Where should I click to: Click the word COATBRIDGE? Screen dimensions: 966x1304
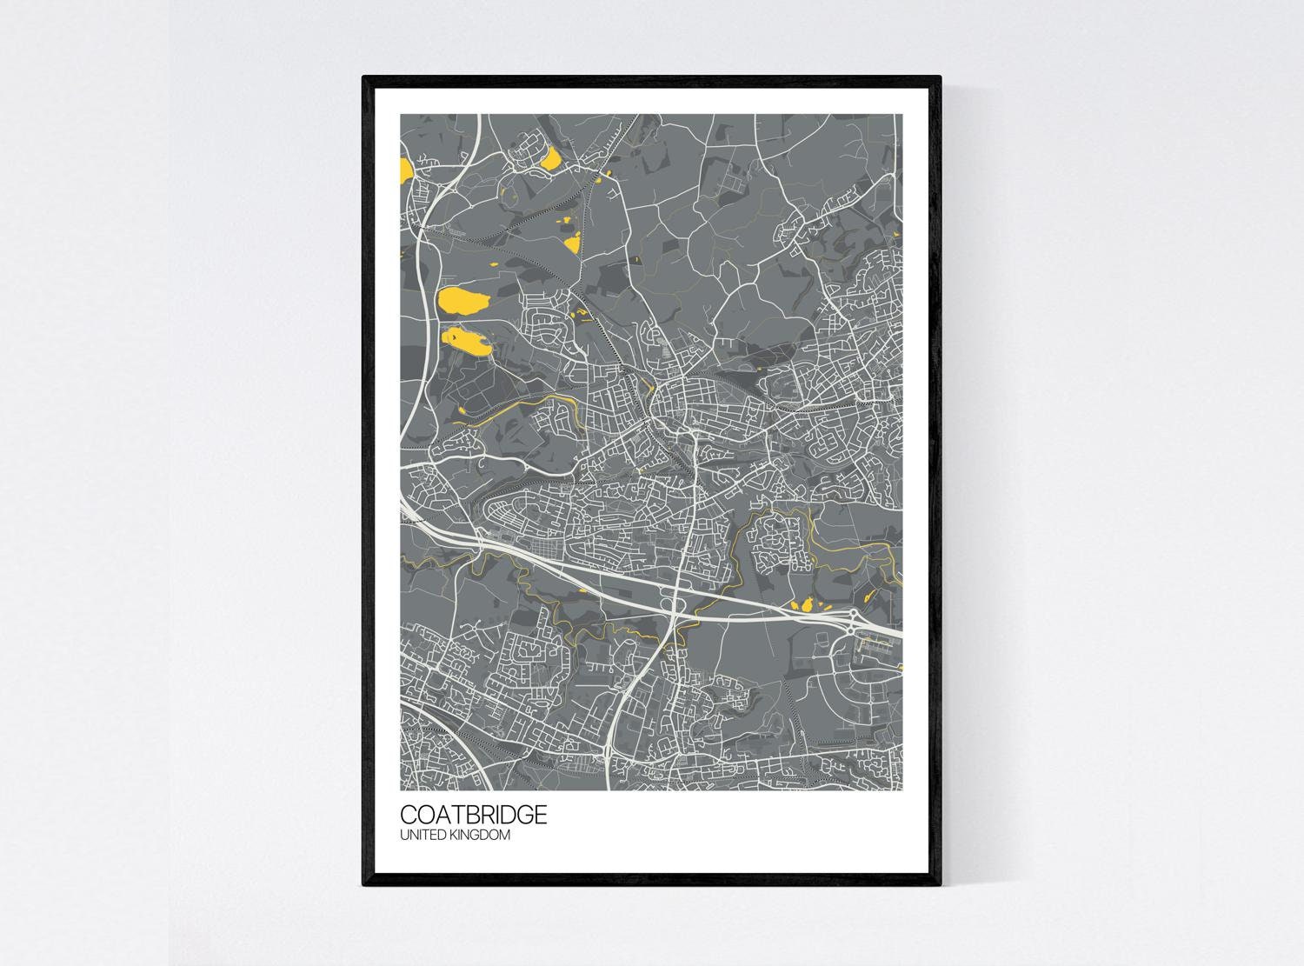(x=474, y=815)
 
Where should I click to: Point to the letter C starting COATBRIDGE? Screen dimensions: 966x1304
(x=409, y=815)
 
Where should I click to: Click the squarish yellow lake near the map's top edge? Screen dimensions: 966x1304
(x=551, y=158)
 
